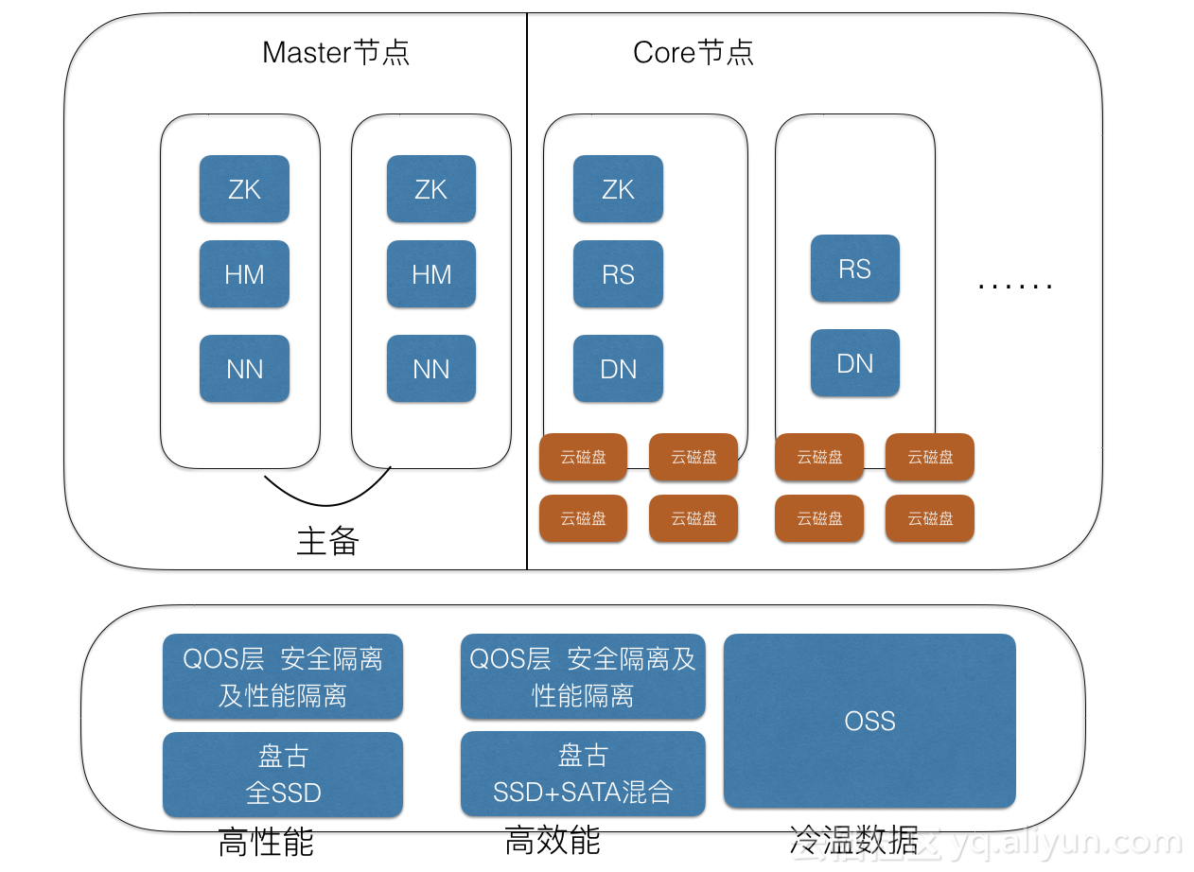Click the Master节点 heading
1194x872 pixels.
pos(336,53)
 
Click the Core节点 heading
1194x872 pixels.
pos(693,53)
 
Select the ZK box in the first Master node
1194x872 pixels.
pos(244,188)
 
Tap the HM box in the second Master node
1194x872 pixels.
pos(431,273)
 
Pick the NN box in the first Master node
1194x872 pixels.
pos(244,368)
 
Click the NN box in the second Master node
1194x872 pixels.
pos(431,368)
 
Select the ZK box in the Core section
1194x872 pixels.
pos(619,188)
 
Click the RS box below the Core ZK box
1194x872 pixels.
pos(619,273)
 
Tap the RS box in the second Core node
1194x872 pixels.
pos(855,269)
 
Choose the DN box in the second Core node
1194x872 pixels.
pos(855,363)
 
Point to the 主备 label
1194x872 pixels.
pos(327,541)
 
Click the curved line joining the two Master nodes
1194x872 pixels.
pos(326,504)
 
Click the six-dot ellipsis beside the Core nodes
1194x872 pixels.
pos(1015,287)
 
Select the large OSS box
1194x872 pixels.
pos(869,721)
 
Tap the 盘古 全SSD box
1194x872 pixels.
pos(283,775)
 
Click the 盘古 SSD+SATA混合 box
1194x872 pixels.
pos(583,774)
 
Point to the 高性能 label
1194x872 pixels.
pos(266,842)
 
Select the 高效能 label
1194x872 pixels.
pos(553,840)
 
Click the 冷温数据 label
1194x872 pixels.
pos(854,840)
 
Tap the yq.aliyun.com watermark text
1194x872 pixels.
pos(1066,842)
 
